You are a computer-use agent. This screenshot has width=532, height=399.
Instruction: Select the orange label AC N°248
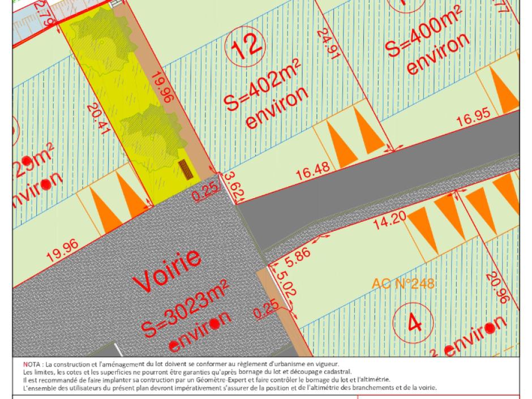click(403, 282)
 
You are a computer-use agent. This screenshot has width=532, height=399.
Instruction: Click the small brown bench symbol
click(185, 168)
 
